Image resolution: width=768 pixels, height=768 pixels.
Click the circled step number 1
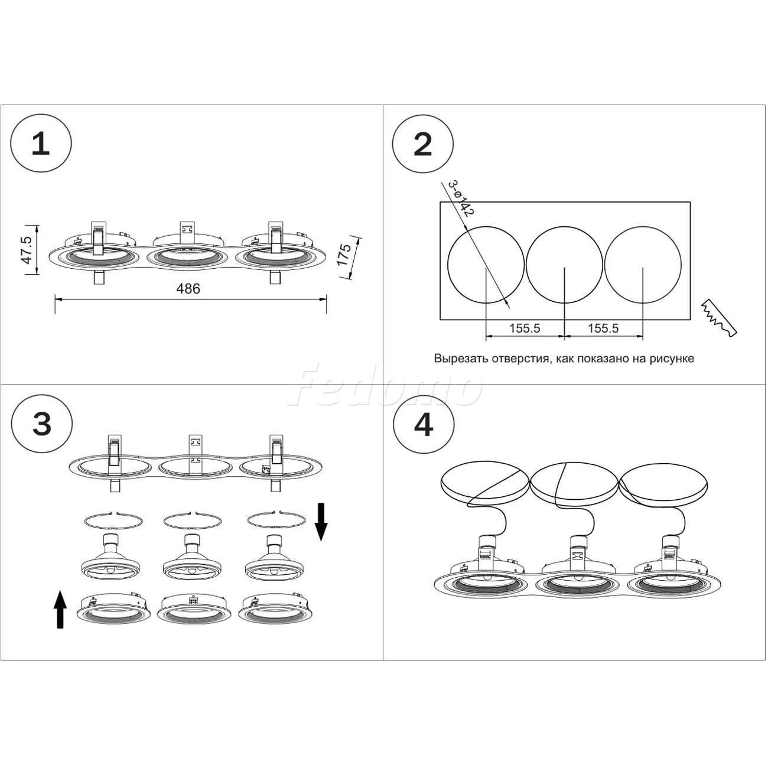pos(41,144)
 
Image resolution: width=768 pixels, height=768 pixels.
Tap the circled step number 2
pos(423,144)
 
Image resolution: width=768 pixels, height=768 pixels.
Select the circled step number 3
pos(41,425)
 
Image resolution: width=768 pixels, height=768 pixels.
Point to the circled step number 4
pos(423,425)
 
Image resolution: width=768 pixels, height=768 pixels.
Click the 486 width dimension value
pos(188,289)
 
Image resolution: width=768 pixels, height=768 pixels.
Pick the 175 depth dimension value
pos(344,255)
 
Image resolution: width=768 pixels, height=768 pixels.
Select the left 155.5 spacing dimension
pos(525,328)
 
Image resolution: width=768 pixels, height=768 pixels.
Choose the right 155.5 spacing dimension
pos(603,328)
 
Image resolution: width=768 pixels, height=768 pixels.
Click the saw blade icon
pos(719,319)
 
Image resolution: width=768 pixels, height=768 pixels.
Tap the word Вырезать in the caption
pos(459,359)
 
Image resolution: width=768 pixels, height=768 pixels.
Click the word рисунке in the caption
pos(672,359)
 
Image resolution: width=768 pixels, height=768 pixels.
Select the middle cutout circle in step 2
pos(564,263)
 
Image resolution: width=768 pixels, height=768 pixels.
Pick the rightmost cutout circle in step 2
pos(643,263)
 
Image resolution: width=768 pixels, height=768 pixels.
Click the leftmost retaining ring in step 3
pos(113,521)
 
